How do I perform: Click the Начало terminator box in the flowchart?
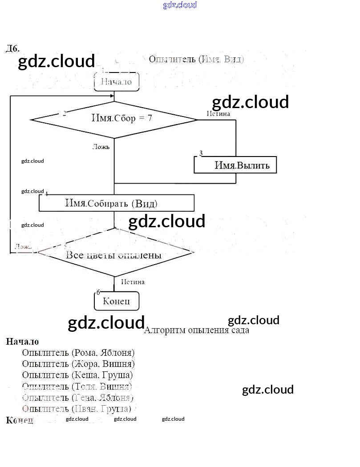point(117,82)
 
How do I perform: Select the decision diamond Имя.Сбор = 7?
point(114,119)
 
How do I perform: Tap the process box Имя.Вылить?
point(235,165)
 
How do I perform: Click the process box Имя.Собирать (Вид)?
point(117,204)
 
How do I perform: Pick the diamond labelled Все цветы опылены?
point(115,254)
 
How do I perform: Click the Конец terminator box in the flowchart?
point(117,301)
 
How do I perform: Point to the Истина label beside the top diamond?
point(218,114)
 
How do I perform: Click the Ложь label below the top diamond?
point(101,147)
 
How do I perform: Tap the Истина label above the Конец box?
point(133,282)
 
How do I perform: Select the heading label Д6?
point(12,48)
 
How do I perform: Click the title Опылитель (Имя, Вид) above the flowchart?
point(196,59)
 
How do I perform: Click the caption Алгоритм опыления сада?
point(196,330)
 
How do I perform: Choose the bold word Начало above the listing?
point(22,342)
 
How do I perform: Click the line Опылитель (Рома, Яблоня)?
point(78,353)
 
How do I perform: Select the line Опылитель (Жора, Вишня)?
point(78,364)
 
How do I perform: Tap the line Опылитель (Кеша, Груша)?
point(77,375)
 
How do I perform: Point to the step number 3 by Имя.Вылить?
point(201,153)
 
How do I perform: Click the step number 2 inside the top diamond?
point(65,113)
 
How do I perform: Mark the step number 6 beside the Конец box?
point(98,292)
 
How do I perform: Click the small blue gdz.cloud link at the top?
point(180,5)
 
